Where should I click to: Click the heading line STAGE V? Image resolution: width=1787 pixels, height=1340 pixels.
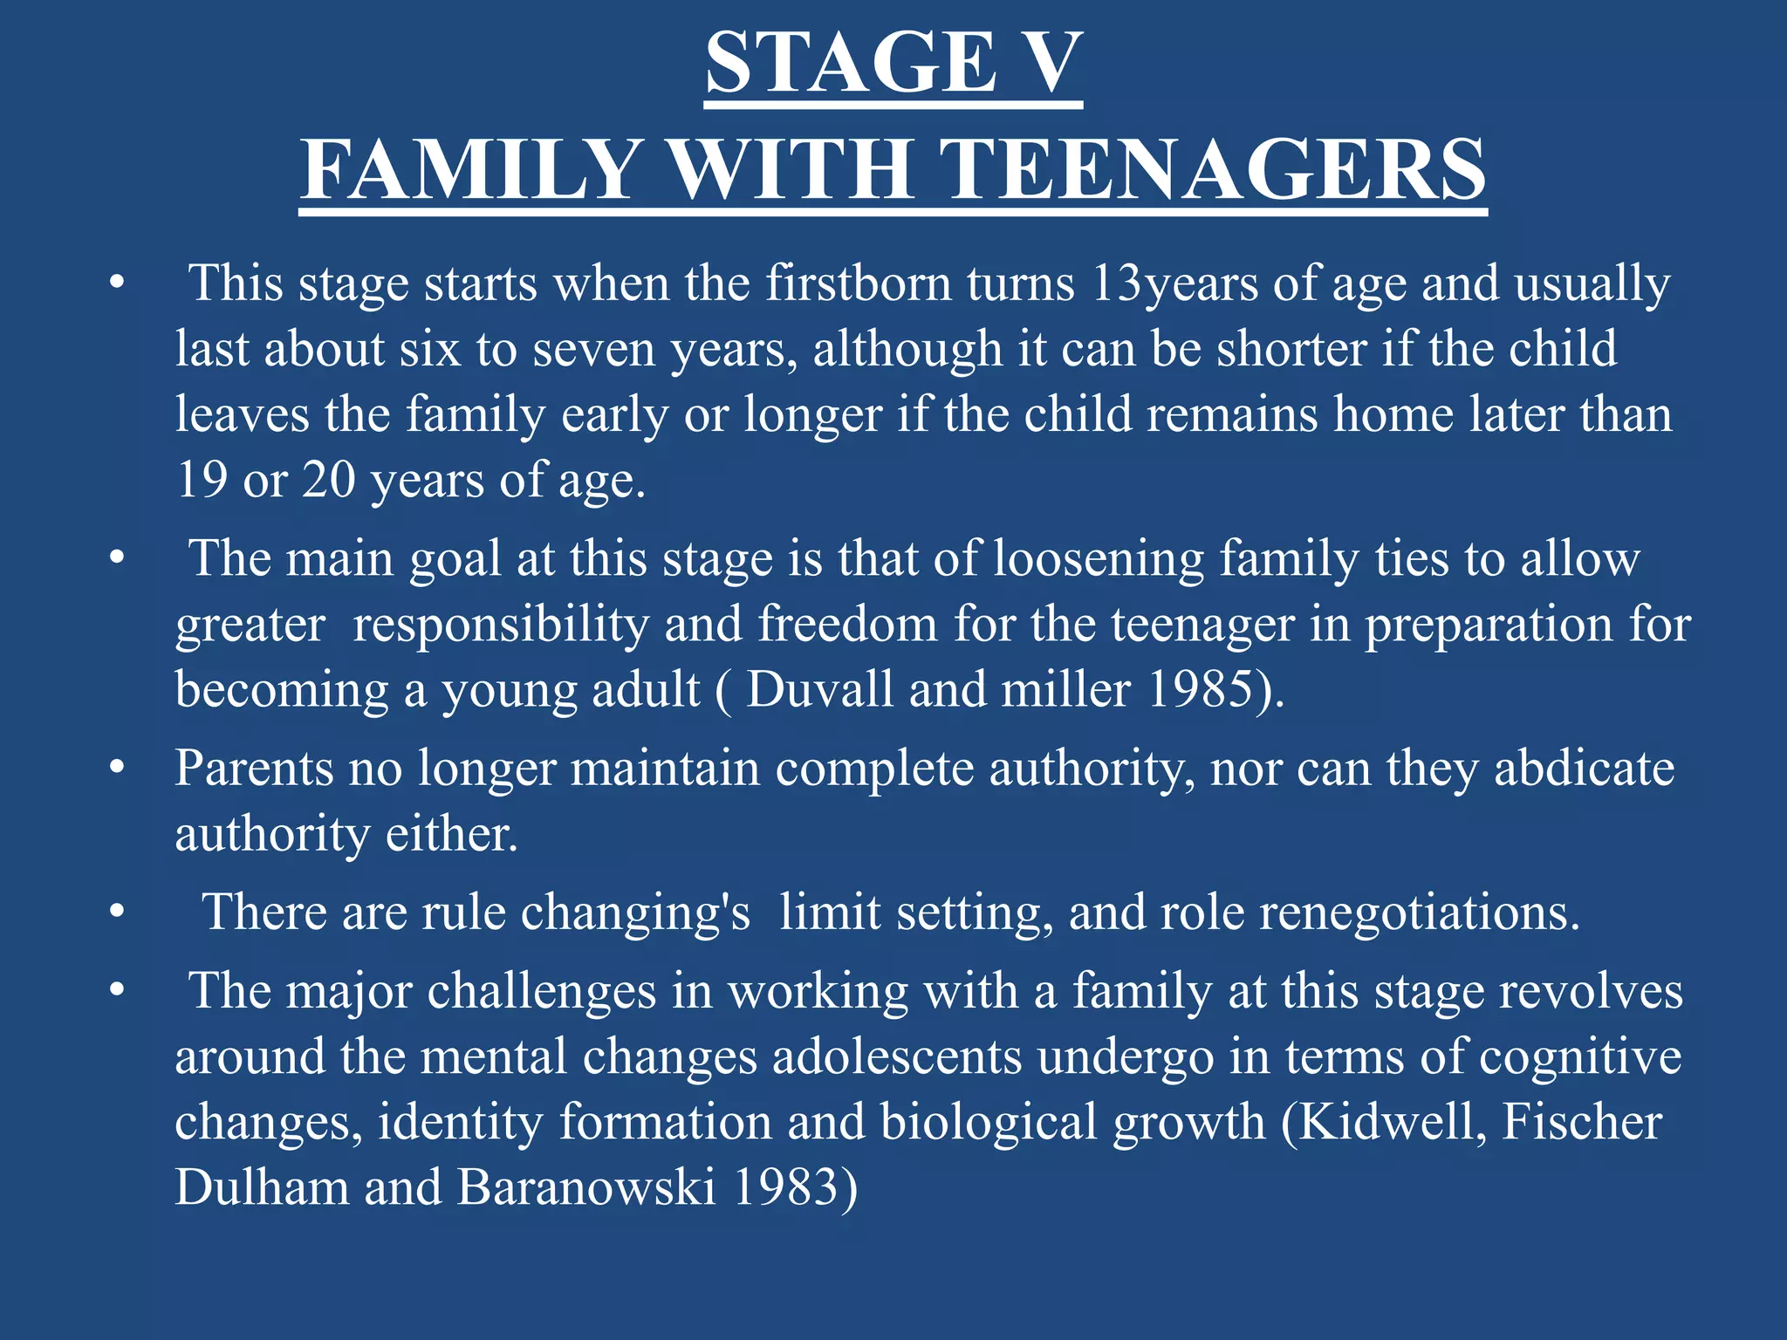coord(893,63)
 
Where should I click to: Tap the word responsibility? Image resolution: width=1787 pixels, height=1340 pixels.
coord(501,625)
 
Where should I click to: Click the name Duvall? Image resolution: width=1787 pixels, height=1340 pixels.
coord(820,689)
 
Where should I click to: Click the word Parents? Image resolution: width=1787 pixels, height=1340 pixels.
coord(254,769)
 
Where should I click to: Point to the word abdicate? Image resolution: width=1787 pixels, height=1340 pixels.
coord(1584,769)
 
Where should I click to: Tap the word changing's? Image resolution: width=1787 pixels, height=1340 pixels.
coord(635,913)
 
